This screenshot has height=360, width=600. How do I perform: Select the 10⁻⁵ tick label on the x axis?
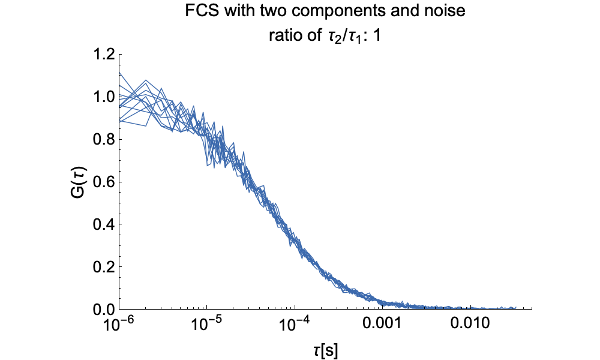click(207, 325)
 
